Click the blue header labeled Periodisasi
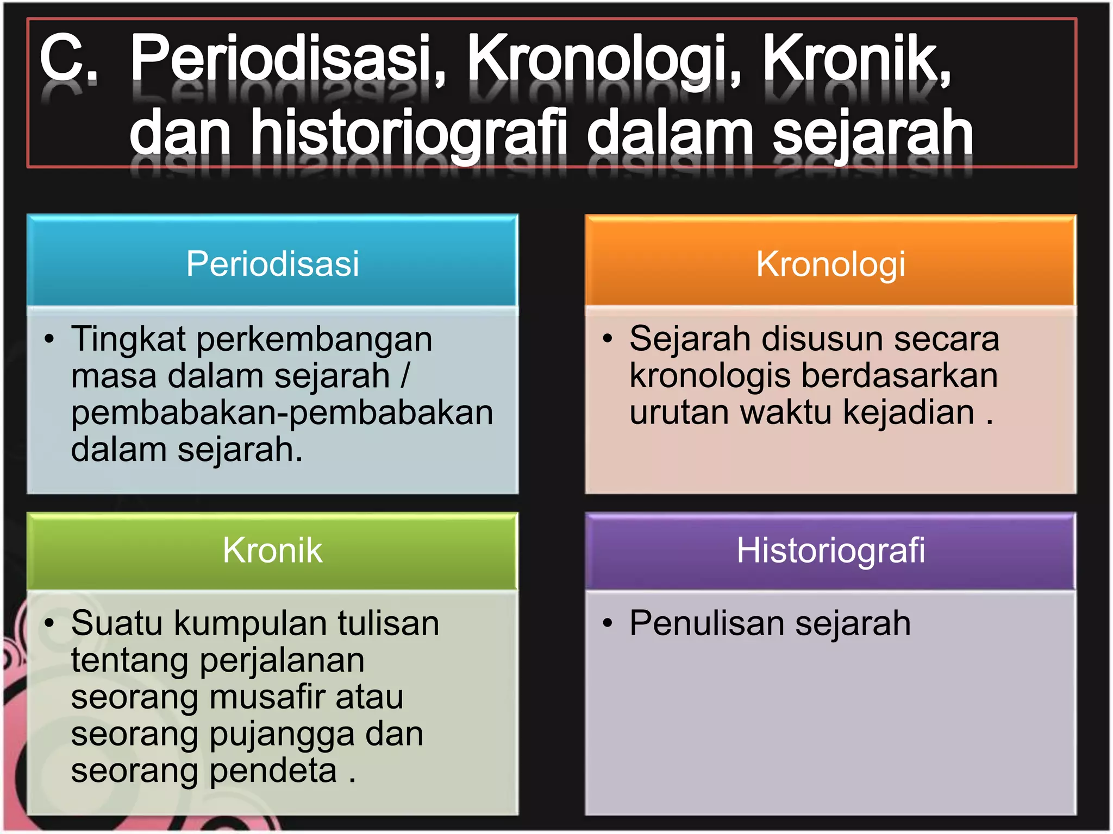pyautogui.click(x=272, y=263)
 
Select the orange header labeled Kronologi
pyautogui.click(x=830, y=264)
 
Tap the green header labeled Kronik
pyautogui.click(x=272, y=550)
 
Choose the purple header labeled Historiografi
pyautogui.click(x=830, y=550)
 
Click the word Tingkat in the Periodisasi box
pyautogui.click(x=129, y=339)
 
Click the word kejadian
pyautogui.click(x=909, y=413)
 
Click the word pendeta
pyautogui.click(x=273, y=772)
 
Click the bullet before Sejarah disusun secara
pyautogui.click(x=608, y=339)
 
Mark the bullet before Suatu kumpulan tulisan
pyautogui.click(x=49, y=623)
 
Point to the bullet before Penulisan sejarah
pyautogui.click(x=608, y=623)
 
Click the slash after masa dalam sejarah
pyautogui.click(x=405, y=376)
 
